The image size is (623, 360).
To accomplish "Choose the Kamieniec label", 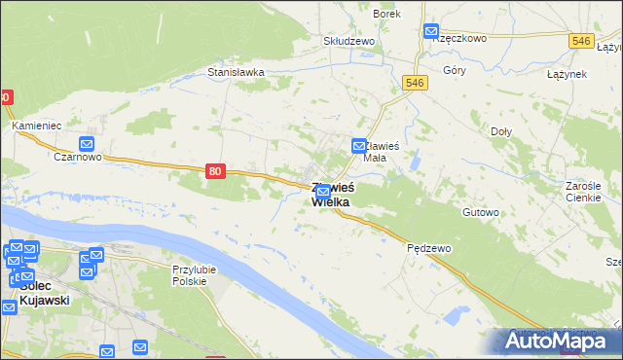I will [37, 126].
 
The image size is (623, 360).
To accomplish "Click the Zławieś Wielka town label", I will [332, 195].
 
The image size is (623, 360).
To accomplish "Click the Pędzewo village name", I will [428, 248].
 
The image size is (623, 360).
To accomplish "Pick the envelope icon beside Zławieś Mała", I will [358, 146].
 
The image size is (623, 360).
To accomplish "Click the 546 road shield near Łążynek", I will [582, 41].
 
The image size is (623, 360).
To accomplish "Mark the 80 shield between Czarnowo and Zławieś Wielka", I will [216, 171].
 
